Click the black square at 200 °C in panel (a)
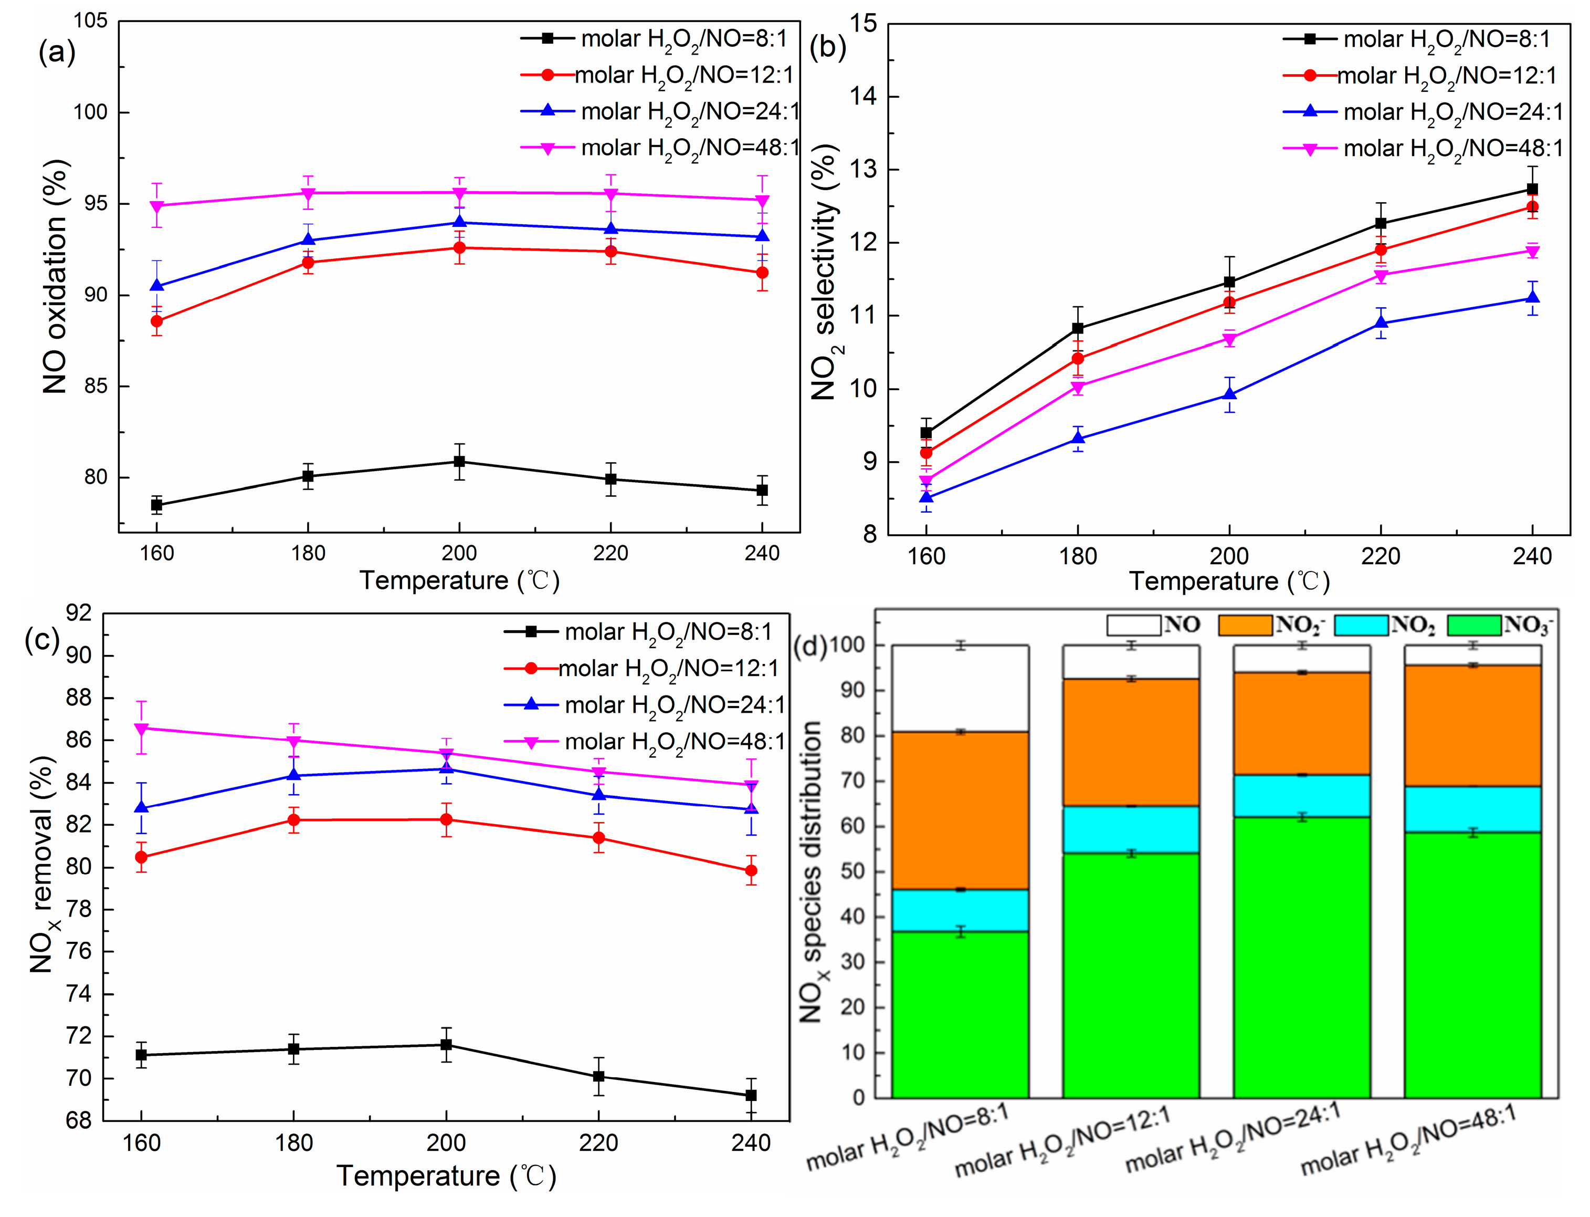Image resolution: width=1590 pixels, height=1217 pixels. click(459, 462)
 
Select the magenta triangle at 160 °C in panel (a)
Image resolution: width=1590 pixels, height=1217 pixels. click(156, 206)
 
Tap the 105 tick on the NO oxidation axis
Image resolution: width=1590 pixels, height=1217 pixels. click(90, 21)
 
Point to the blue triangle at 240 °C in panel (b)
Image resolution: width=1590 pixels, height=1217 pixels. click(1532, 298)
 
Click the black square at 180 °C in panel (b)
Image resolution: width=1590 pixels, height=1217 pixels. click(1077, 328)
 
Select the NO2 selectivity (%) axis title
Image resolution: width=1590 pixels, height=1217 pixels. click(824, 272)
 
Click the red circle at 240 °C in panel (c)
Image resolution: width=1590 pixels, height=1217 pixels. click(751, 871)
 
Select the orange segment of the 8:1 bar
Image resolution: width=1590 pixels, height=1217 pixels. click(960, 810)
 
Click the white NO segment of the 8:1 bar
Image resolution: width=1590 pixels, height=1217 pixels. click(960, 688)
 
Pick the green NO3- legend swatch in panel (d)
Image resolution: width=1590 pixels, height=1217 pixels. click(1474, 625)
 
